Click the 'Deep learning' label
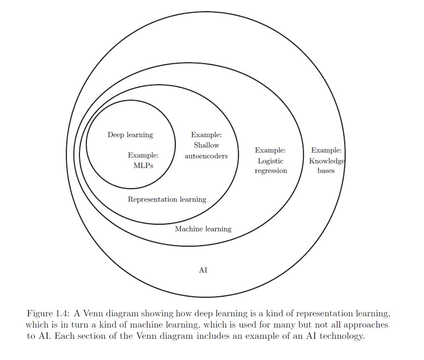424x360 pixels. (130, 135)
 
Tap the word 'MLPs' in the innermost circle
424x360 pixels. (143, 165)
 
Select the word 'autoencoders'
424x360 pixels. (206, 156)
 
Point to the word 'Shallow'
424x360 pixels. (206, 145)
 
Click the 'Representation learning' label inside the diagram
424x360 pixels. (167, 200)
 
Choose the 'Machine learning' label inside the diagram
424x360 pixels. (203, 229)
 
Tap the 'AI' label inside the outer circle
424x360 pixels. (203, 270)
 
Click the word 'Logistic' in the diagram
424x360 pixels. (270, 161)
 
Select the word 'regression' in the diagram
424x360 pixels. (271, 171)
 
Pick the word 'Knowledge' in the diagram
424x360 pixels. (327, 161)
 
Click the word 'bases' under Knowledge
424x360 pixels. (326, 171)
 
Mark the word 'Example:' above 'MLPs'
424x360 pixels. (143, 155)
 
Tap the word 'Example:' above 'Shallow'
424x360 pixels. (206, 135)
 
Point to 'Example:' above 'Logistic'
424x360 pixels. (270, 150)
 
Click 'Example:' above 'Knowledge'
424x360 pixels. (326, 150)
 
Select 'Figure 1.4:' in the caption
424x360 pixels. (48, 314)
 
